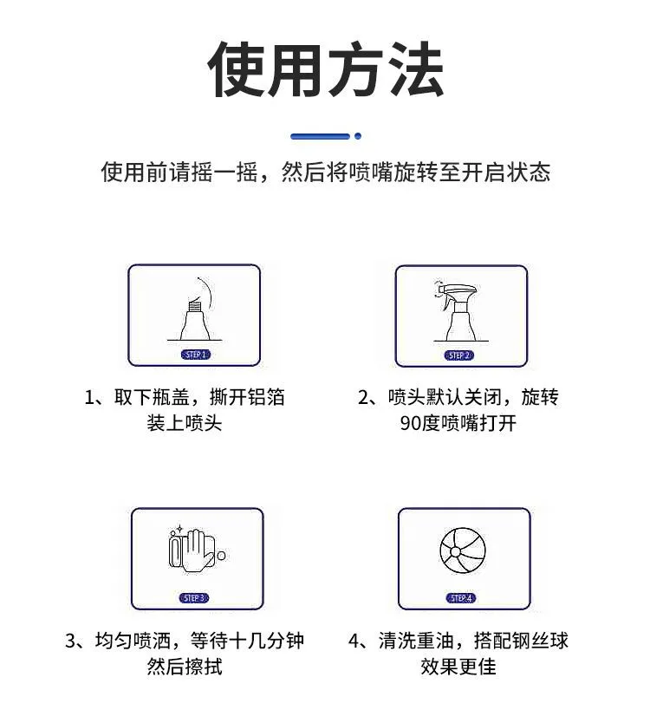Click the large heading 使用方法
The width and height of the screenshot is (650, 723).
pos(326,69)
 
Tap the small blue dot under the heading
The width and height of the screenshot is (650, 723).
pos(358,136)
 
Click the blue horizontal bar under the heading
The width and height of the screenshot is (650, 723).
pos(321,136)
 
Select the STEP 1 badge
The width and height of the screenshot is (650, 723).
pos(196,355)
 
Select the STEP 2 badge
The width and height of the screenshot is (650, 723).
pos(459,355)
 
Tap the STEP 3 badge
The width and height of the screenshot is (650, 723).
pos(193,598)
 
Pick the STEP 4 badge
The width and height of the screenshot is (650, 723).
pos(461,598)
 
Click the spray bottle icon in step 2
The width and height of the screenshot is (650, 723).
pos(459,311)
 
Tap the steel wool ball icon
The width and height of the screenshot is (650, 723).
pos(463,551)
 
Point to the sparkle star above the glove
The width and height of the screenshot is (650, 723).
pos(179,529)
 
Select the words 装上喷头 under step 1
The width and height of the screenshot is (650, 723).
pos(185,422)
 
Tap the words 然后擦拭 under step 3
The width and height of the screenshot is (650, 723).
pos(185,667)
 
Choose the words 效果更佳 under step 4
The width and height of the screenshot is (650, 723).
pos(458,667)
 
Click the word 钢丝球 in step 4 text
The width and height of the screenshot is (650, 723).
pos(540,641)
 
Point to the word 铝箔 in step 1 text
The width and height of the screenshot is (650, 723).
pos(266,396)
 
